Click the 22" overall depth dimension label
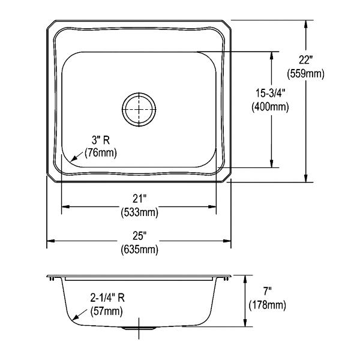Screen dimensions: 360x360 pyautogui.click(x=305, y=60)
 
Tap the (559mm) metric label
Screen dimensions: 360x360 pyautogui.click(x=305, y=74)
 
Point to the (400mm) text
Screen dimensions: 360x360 pyautogui.click(x=270, y=107)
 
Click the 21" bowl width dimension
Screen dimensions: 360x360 pyautogui.click(x=139, y=199)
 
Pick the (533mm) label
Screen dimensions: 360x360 pyautogui.click(x=139, y=212)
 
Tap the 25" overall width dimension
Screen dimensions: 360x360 pyautogui.click(x=139, y=235)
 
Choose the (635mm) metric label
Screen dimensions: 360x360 pyautogui.click(x=139, y=249)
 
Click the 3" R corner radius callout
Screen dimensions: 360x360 pyautogui.click(x=101, y=140)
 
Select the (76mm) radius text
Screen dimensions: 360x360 pyautogui.click(x=101, y=153)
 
